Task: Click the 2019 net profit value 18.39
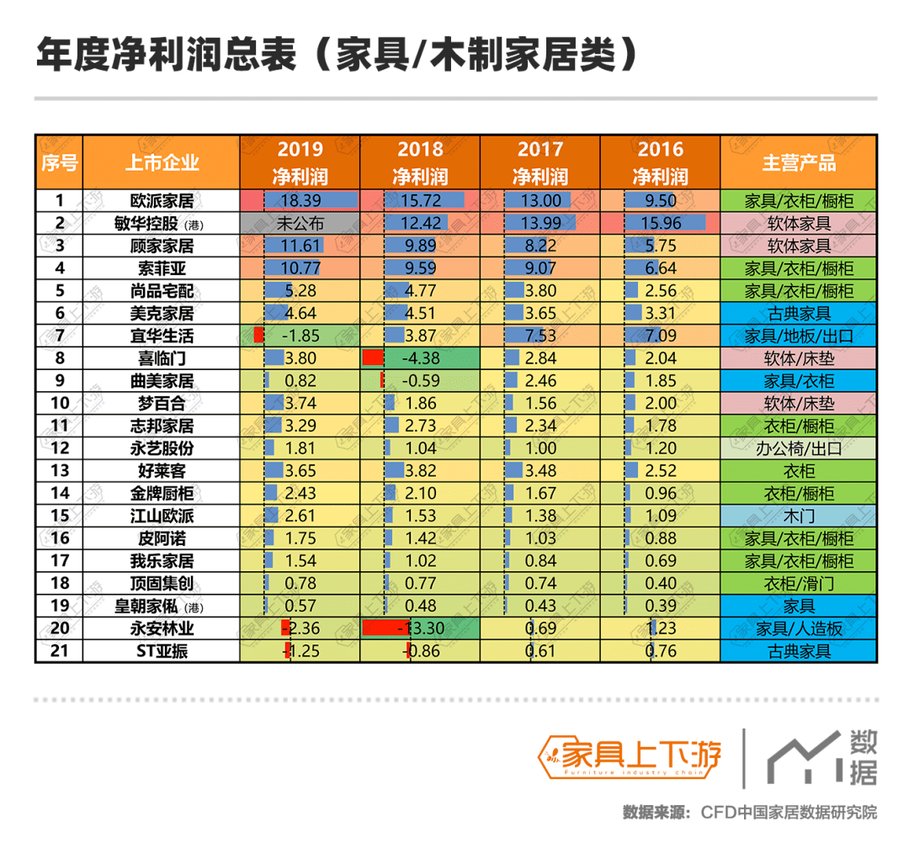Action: [300, 201]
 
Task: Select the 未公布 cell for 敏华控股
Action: [300, 224]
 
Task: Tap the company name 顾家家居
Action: [162, 246]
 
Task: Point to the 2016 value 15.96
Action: [661, 224]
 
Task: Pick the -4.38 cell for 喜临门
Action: [420, 358]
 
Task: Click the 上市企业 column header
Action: [162, 162]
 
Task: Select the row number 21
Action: [59, 650]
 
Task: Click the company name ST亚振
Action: [162, 650]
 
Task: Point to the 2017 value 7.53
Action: [540, 336]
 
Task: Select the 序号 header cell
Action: [59, 162]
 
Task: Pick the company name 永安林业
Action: [162, 628]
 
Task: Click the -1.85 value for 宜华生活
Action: [300, 336]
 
